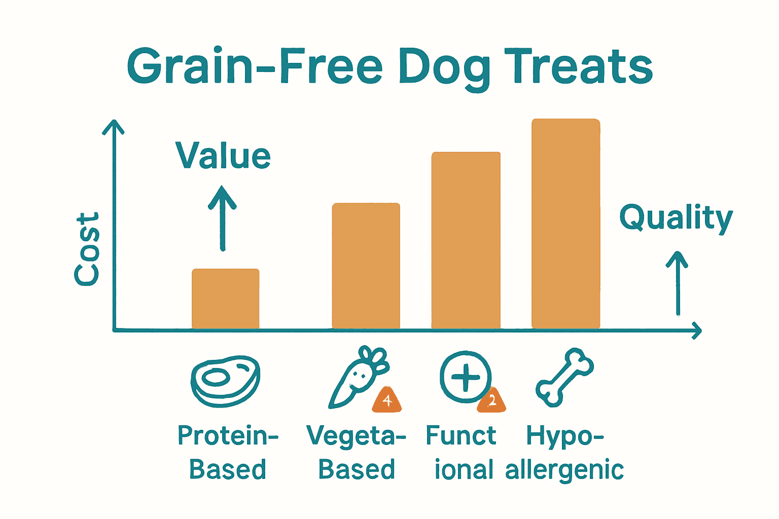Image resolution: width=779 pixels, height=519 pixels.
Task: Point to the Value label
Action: tap(223, 156)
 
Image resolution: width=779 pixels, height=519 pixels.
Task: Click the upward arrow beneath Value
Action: tap(222, 218)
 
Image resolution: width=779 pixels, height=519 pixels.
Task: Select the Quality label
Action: tap(676, 218)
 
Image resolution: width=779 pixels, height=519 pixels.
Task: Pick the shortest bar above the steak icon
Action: tap(226, 299)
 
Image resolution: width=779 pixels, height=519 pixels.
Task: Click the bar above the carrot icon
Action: tap(366, 266)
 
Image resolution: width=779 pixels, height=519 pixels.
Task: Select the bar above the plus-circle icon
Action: tap(466, 241)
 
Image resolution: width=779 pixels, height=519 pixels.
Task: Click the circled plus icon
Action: tap(465, 377)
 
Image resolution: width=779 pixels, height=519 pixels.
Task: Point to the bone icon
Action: tap(564, 378)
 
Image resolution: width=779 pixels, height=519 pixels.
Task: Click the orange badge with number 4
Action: tap(387, 401)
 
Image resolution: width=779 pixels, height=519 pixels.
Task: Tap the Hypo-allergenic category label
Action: tap(564, 453)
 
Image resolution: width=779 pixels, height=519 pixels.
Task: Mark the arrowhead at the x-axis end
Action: tap(697, 330)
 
